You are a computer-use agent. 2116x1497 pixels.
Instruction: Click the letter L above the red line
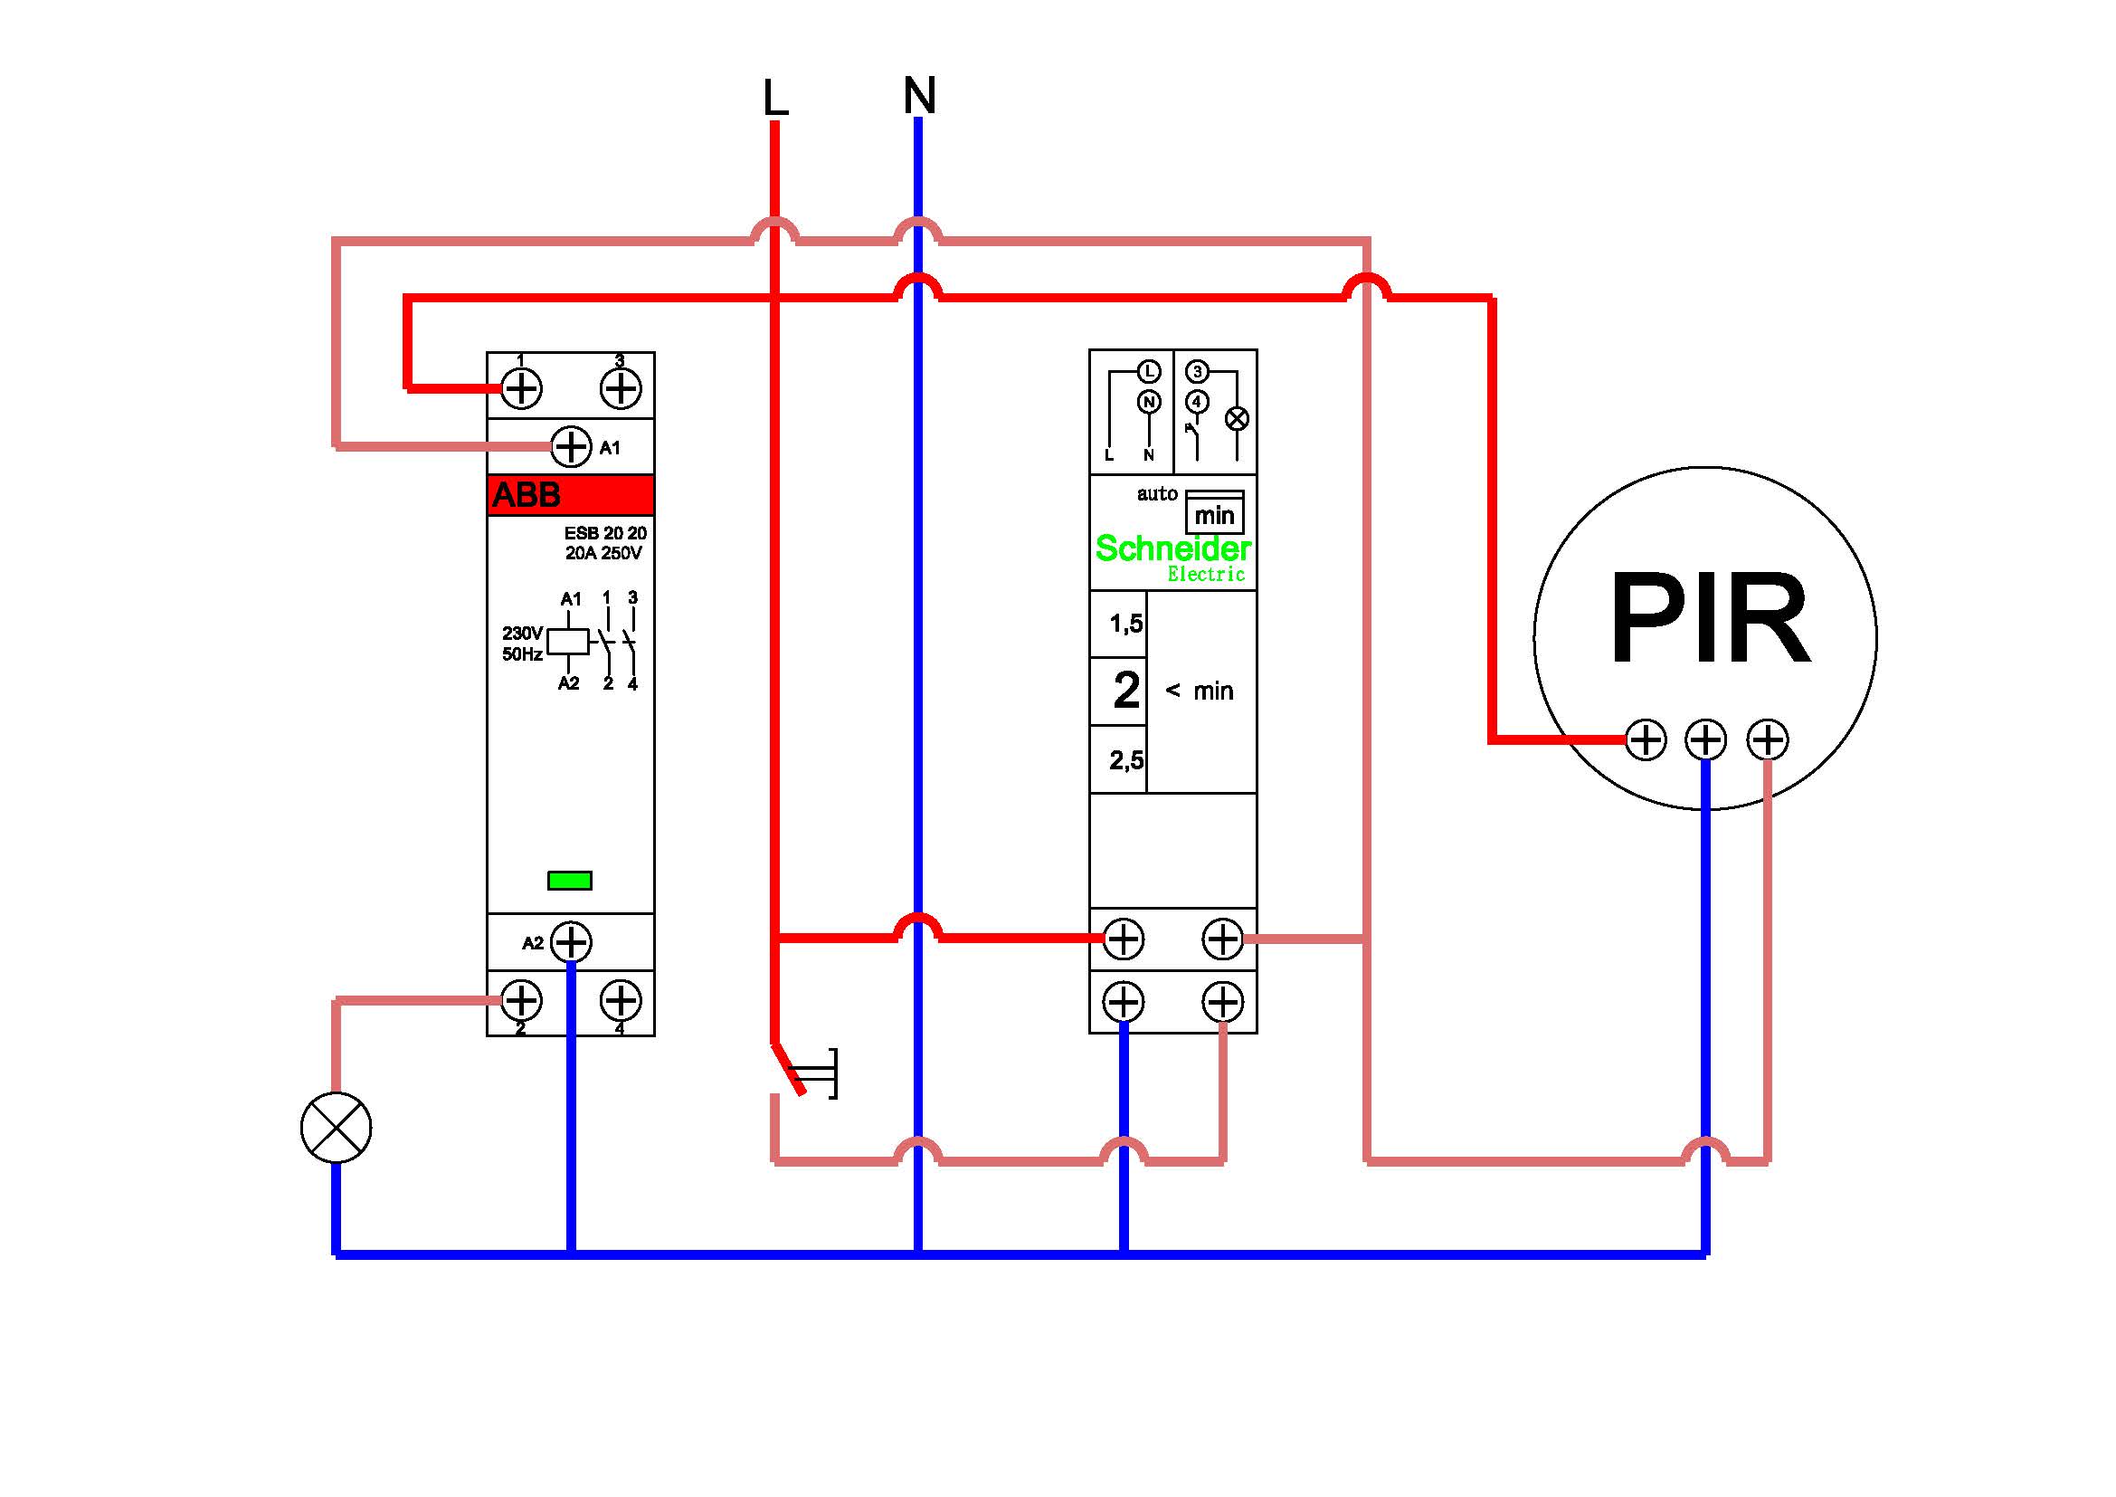(775, 98)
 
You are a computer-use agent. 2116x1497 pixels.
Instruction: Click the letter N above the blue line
(919, 95)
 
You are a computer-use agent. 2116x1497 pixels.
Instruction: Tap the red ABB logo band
(571, 495)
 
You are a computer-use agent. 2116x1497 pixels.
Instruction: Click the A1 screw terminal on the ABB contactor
(572, 447)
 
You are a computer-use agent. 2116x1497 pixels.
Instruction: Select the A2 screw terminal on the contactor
(572, 942)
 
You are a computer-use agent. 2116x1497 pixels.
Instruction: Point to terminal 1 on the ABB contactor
(522, 388)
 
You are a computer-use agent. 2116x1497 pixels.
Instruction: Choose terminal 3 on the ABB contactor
(621, 388)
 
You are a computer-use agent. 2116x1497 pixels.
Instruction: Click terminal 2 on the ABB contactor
(522, 1000)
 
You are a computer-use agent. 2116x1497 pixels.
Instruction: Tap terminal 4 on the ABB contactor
(621, 1000)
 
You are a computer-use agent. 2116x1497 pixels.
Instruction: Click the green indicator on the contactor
(570, 881)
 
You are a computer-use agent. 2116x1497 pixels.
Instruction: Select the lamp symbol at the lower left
(337, 1128)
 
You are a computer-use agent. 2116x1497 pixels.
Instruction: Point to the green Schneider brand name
(1172, 549)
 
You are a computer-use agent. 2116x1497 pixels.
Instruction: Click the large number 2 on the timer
(1126, 691)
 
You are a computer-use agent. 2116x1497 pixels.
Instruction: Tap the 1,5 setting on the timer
(1126, 625)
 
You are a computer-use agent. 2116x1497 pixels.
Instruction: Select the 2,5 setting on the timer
(1126, 760)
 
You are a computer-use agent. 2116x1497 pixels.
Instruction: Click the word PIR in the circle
(1710, 617)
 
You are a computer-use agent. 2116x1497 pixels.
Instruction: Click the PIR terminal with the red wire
(1646, 739)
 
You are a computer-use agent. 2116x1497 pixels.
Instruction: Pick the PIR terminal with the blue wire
(1706, 739)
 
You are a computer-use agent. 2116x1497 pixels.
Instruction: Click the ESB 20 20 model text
(605, 534)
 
